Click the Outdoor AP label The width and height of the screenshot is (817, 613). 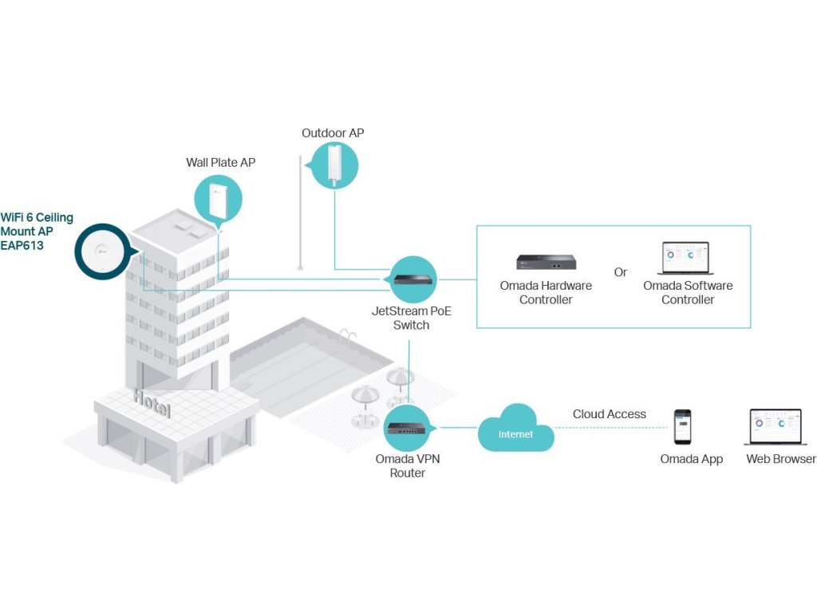333,133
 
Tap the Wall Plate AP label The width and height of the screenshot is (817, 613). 220,162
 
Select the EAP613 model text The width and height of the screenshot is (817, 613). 22,246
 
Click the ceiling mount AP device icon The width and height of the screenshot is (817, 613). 101,251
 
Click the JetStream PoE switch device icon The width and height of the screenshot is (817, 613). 413,279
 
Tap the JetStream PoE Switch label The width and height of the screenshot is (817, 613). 411,318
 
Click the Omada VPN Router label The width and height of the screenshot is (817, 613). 408,465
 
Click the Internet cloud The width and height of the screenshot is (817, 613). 516,429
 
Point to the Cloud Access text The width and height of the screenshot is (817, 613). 609,414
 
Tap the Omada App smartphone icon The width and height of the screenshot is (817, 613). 683,426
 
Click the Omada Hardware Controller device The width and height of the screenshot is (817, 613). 546,262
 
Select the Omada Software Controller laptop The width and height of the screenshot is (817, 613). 685,258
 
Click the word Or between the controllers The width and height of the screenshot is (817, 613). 620,272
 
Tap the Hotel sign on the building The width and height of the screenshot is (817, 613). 152,403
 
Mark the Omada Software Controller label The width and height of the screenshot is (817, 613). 688,292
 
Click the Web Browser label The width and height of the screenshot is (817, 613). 781,459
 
